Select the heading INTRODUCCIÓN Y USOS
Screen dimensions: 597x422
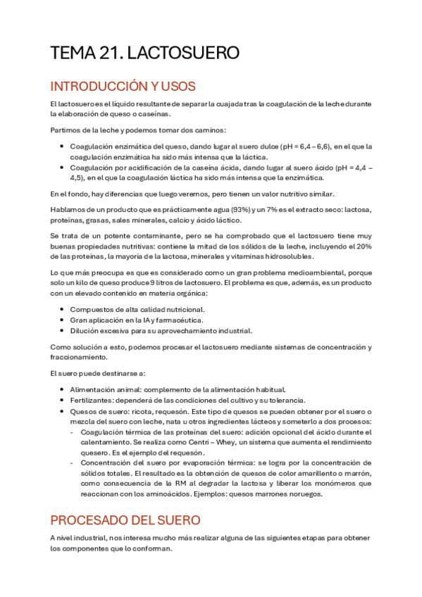pos(123,86)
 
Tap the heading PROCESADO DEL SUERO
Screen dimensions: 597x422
pos(125,520)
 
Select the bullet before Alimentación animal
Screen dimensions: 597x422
pos(63,389)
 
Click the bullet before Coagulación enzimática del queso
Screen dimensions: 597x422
pos(63,146)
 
